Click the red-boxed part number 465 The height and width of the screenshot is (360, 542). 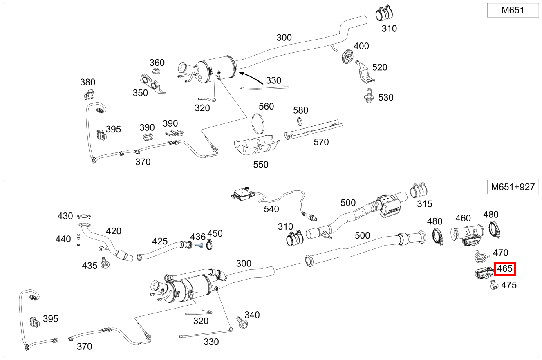(x=505, y=269)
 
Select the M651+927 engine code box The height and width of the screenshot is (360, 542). (x=513, y=187)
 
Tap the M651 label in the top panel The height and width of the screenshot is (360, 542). (x=513, y=11)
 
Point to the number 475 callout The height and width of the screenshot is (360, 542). (x=509, y=285)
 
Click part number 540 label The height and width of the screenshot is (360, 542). (x=271, y=209)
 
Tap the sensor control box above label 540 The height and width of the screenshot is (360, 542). (x=242, y=193)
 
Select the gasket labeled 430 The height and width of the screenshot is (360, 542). (x=85, y=217)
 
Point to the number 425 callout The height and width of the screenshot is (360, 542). (x=160, y=241)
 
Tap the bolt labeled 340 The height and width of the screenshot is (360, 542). (x=241, y=322)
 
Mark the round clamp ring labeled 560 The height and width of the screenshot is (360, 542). (x=258, y=123)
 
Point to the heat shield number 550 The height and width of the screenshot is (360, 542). (x=260, y=164)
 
